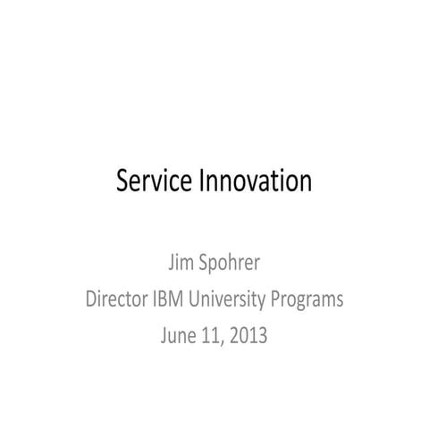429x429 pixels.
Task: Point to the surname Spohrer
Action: [231, 265]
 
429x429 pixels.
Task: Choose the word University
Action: [236, 299]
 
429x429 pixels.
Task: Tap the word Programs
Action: [309, 299]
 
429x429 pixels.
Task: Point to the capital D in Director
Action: [91, 299]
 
